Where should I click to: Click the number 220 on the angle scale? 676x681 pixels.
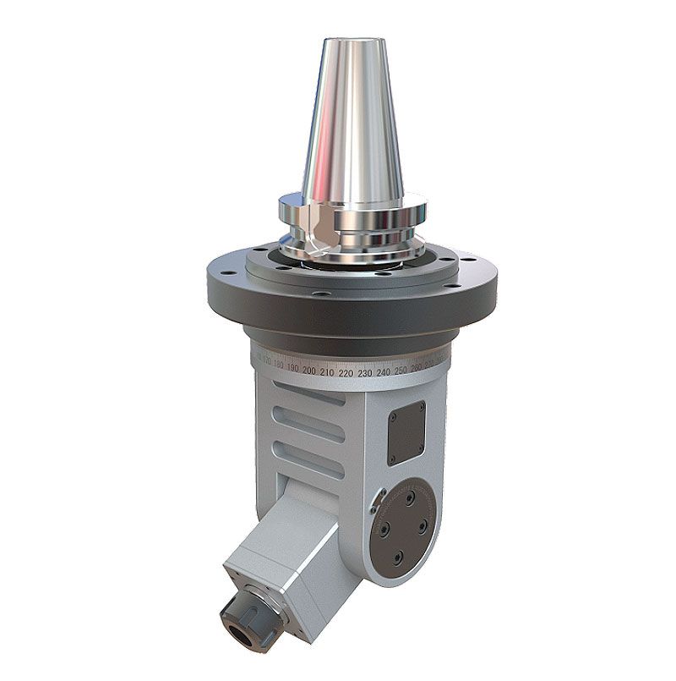point(346,371)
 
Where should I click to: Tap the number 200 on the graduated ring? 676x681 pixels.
point(309,371)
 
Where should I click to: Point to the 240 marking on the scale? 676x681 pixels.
point(383,371)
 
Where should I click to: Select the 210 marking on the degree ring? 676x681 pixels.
point(327,371)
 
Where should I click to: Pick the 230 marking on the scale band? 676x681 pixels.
point(364,371)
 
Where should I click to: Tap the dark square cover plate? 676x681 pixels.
point(406,431)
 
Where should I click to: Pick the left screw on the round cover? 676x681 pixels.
point(384,524)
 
